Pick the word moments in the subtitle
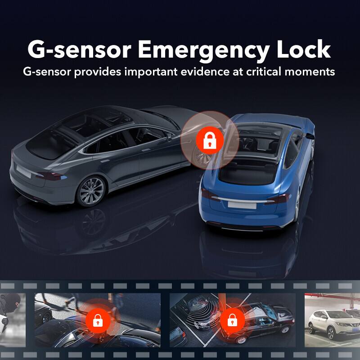pos(312,72)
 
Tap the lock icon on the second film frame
pos(98,320)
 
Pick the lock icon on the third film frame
pos(232,320)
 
